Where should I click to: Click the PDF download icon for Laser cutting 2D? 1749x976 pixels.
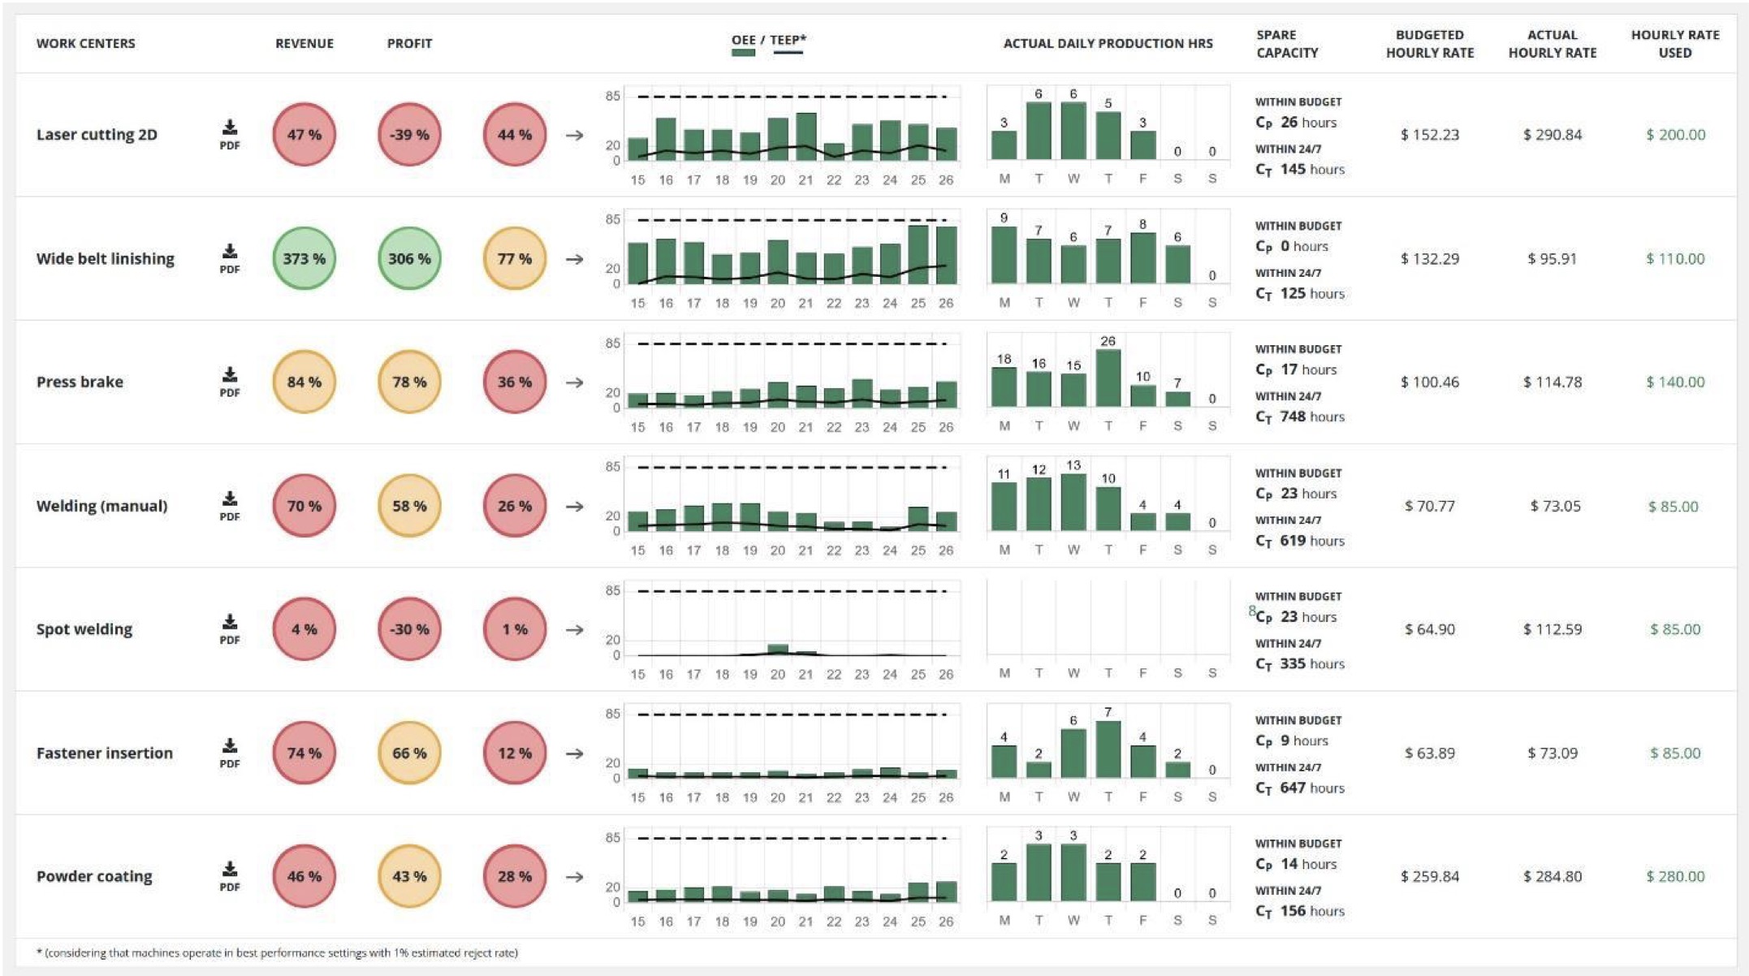(x=230, y=134)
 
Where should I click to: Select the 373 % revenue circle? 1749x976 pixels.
(x=304, y=258)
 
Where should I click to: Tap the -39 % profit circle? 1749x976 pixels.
(x=409, y=135)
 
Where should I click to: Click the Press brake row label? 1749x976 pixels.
(x=80, y=382)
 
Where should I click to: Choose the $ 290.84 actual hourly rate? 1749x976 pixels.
(x=1552, y=135)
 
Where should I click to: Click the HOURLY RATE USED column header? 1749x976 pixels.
(x=1674, y=44)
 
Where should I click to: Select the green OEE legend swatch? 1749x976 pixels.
(x=743, y=53)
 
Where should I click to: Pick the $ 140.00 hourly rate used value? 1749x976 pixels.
(x=1674, y=382)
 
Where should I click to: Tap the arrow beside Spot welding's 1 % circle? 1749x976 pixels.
(x=575, y=629)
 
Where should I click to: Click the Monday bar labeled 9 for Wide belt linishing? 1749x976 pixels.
(x=1004, y=255)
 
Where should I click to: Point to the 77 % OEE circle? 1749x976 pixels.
(x=514, y=258)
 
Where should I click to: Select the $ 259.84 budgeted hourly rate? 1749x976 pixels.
(x=1429, y=876)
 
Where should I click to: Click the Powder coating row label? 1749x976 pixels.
(x=94, y=876)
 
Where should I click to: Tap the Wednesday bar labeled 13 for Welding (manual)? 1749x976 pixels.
(x=1073, y=502)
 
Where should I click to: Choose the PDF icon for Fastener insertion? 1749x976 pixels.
(x=230, y=753)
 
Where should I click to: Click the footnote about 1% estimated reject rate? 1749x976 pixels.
(x=277, y=952)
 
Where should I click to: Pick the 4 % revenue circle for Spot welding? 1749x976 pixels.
(x=304, y=629)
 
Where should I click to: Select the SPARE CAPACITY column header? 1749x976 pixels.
(x=1287, y=44)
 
